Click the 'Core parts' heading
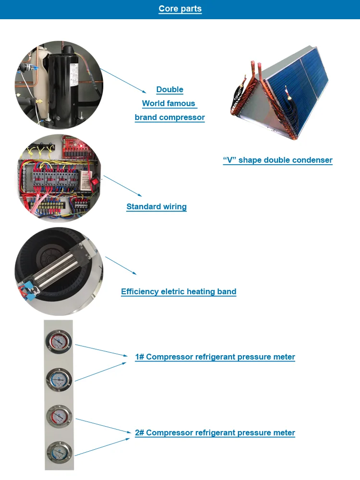point(180,9)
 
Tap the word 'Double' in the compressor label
point(170,90)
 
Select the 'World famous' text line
point(169,104)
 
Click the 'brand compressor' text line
point(170,118)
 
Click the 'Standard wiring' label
point(156,207)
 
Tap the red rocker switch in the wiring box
point(95,182)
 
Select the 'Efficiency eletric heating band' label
point(179,292)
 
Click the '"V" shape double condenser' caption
point(277,160)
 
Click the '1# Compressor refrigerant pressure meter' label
point(215,357)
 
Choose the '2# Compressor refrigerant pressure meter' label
point(215,433)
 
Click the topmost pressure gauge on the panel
point(59,341)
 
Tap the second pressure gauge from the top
point(59,379)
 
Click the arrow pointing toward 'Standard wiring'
point(122,186)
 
